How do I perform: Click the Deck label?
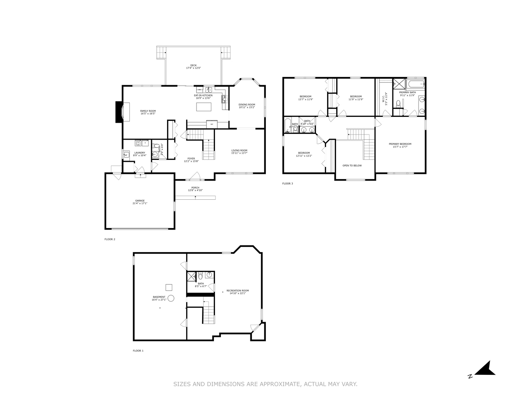point(193,65)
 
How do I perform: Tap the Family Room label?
point(148,111)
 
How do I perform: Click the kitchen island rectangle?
point(204,107)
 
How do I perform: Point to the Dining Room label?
point(247,105)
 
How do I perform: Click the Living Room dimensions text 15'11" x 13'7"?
point(239,153)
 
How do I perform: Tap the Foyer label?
point(191,158)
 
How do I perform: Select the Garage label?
point(140,200)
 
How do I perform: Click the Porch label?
point(195,188)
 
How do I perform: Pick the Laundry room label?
point(140,153)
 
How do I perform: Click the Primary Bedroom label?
point(400,144)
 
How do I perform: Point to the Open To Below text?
point(352,165)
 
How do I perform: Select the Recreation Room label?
point(237,290)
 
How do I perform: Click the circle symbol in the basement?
point(171,298)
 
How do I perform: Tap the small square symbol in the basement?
point(169,287)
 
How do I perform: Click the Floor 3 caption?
point(288,184)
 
